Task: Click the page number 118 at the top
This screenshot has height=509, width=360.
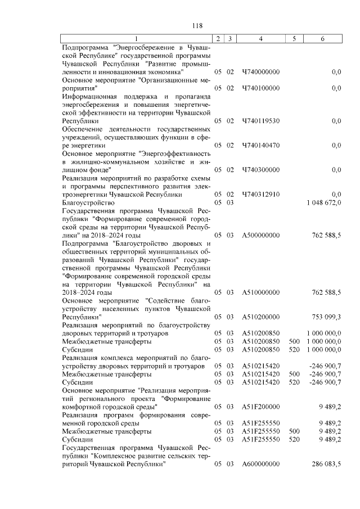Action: (x=197, y=25)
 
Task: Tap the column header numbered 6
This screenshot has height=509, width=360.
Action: (x=322, y=38)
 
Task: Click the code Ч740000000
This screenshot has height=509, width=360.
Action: (x=260, y=72)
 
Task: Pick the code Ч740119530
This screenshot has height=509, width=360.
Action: (x=260, y=121)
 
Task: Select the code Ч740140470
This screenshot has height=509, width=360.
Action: (x=260, y=145)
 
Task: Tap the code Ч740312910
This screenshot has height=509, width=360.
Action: (x=260, y=194)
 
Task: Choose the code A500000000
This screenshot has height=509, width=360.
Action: (x=260, y=235)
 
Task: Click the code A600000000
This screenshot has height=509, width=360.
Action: (x=260, y=464)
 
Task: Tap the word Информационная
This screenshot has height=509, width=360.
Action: (x=87, y=96)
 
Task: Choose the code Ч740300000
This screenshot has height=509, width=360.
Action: (x=260, y=170)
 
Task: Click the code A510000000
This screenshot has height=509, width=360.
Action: (x=260, y=292)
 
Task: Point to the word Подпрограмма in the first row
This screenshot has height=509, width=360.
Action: (x=84, y=48)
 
